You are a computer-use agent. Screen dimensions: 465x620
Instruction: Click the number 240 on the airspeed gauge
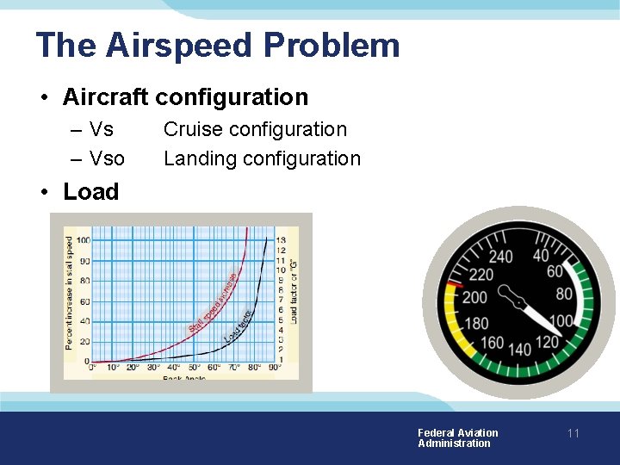[499, 257]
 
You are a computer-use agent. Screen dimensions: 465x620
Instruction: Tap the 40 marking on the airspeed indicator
[541, 256]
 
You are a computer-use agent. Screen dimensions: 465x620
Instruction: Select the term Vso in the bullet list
[107, 158]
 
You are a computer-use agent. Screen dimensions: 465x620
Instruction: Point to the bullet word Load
[90, 191]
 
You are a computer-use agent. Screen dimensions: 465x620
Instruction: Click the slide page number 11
[573, 434]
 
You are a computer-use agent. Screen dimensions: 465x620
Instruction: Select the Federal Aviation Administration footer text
[457, 438]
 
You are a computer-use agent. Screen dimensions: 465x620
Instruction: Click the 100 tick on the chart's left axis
[83, 239]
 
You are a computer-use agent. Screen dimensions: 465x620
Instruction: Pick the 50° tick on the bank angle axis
[194, 368]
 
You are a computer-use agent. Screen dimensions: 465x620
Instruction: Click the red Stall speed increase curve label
[213, 302]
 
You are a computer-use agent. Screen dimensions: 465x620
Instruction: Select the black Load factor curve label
[238, 326]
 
